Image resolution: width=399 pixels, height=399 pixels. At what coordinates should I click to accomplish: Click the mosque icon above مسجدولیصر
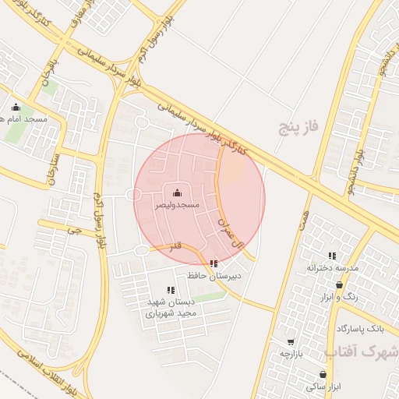pyautogui.click(x=176, y=192)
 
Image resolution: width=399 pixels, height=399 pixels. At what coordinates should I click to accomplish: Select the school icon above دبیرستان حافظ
pyautogui.click(x=214, y=264)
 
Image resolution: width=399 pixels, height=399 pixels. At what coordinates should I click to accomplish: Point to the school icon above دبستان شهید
pyautogui.click(x=171, y=291)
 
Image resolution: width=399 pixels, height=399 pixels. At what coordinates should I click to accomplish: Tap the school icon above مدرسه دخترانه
pyautogui.click(x=332, y=256)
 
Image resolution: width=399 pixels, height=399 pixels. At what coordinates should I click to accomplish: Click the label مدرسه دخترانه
pyautogui.click(x=333, y=268)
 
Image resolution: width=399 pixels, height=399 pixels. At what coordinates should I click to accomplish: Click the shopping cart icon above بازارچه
pyautogui.click(x=291, y=341)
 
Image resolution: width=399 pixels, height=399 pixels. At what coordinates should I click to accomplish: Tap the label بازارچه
pyautogui.click(x=291, y=353)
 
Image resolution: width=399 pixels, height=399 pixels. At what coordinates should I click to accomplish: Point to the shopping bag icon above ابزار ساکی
pyautogui.click(x=321, y=374)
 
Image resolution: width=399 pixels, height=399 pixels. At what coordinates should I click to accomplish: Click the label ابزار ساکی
pyautogui.click(x=321, y=386)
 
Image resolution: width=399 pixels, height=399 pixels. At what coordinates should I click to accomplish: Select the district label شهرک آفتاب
pyautogui.click(x=365, y=352)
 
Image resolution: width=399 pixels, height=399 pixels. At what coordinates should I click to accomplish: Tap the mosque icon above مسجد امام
pyautogui.click(x=16, y=108)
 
